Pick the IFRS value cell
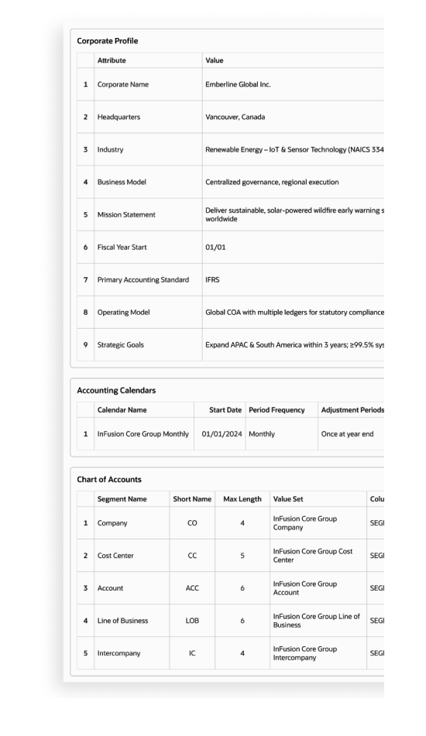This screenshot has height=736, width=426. pyautogui.click(x=212, y=279)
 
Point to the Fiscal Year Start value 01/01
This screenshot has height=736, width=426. pyautogui.click(x=215, y=247)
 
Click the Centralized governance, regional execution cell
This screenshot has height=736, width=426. pyautogui.click(x=273, y=182)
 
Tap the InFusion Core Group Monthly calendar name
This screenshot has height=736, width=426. pyautogui.click(x=143, y=434)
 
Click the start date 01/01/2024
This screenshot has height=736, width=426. pyautogui.click(x=222, y=434)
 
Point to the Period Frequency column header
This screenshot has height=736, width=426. pyautogui.click(x=277, y=408)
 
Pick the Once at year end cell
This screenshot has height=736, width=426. pyautogui.click(x=348, y=434)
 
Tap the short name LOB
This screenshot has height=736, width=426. pyautogui.click(x=192, y=620)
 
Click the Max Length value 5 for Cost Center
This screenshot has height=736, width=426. pyautogui.click(x=242, y=555)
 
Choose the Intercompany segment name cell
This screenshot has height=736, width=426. pyautogui.click(x=118, y=652)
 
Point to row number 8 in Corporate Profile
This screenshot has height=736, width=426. pyautogui.click(x=84, y=312)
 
